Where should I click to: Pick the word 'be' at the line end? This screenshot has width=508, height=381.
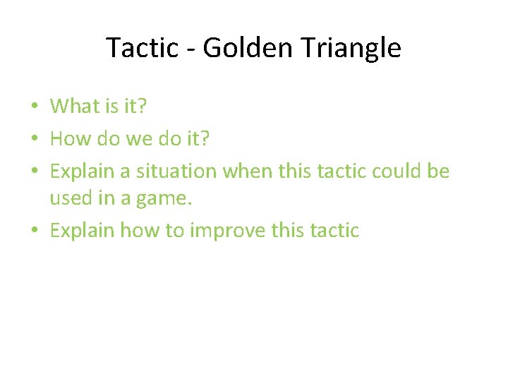tap(439, 171)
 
